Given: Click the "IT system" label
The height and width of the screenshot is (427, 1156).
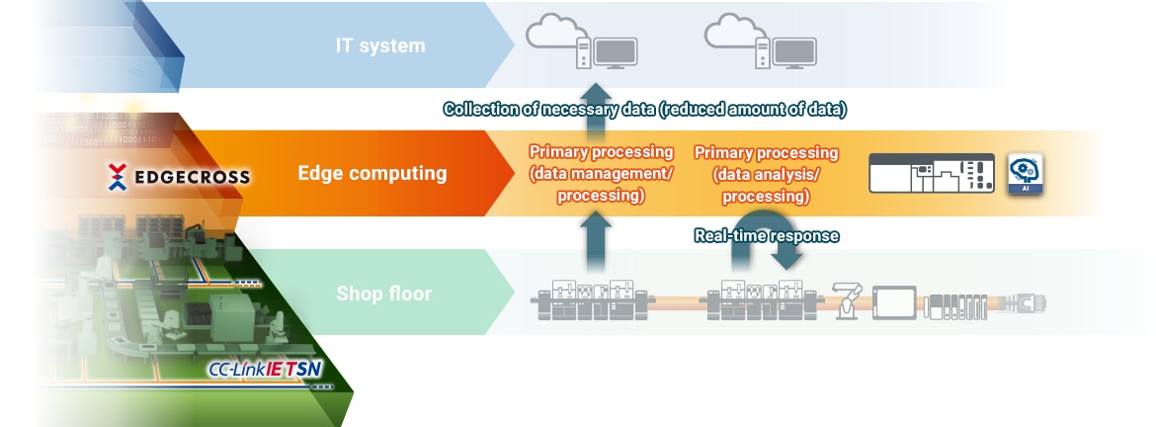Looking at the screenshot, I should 379,44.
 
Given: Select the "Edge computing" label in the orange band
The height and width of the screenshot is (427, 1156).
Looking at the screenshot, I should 372,174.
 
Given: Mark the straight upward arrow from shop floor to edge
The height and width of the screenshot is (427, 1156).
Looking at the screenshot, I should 595,240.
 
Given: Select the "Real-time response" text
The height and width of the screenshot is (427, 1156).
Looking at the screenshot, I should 766,235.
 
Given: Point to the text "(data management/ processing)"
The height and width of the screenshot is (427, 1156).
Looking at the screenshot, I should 601,185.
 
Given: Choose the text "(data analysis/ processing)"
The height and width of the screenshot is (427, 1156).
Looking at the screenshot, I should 766,185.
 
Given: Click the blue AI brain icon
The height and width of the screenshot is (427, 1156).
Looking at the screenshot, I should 1026,173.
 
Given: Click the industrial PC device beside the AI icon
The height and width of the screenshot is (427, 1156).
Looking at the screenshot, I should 931,173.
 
